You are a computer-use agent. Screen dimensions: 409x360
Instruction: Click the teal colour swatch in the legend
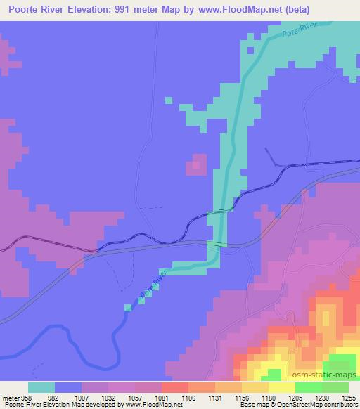[41, 387]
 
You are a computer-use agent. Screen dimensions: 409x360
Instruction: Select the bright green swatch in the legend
[309, 387]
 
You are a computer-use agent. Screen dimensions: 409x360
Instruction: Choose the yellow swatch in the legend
[283, 387]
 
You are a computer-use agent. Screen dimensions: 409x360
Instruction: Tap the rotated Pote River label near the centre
[153, 283]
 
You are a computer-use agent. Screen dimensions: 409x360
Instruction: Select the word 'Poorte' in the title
[25, 9]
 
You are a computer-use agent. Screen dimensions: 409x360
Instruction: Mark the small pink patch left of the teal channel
[196, 165]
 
